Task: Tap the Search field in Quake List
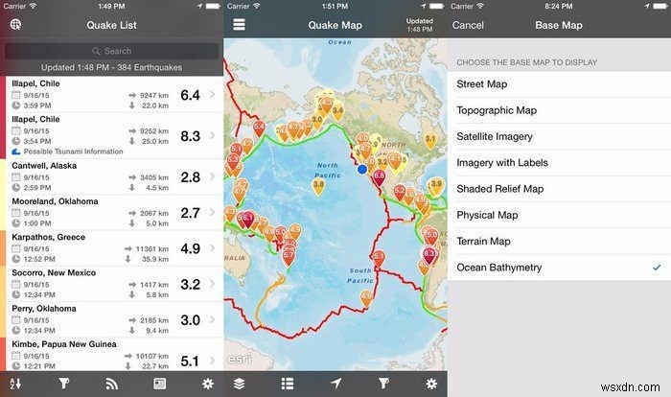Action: (x=111, y=50)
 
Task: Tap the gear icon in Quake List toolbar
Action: (x=208, y=384)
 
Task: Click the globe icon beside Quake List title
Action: (x=15, y=24)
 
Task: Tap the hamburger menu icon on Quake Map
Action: (x=239, y=24)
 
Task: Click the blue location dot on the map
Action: (x=362, y=169)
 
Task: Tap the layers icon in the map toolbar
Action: (x=239, y=384)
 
